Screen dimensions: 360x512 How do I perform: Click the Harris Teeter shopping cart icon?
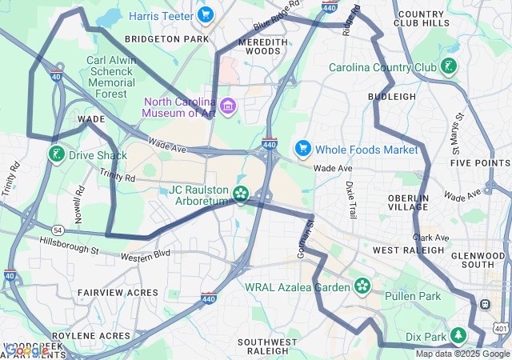coord(206,14)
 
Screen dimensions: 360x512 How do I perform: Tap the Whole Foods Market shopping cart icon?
coord(302,148)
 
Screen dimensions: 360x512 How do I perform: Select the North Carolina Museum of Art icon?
coord(228,106)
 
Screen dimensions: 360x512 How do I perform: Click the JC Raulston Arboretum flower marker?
coord(240,194)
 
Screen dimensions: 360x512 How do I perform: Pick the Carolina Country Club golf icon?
coord(450,66)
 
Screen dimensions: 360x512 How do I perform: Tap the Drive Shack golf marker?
coord(56,154)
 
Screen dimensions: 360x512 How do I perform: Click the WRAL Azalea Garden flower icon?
coord(362,286)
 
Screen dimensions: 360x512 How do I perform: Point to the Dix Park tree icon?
coord(459,334)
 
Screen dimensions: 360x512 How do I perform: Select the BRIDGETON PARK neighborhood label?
coord(166,38)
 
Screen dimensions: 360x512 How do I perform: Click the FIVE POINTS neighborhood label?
coord(480,163)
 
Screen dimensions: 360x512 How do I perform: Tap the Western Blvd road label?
coord(146,256)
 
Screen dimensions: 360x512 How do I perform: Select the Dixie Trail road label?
coord(351,200)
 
